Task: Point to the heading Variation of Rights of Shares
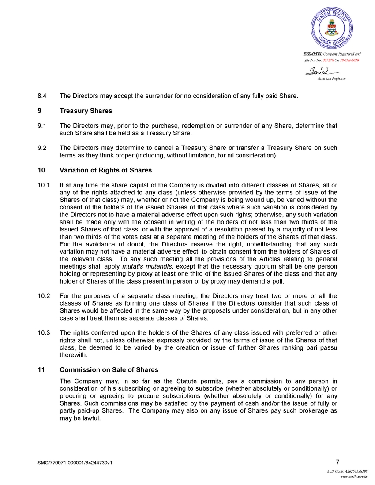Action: [105, 170]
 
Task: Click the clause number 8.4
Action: [43, 95]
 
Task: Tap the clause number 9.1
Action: [43, 126]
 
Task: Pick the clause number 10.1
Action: [44, 186]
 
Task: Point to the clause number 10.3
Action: [44, 332]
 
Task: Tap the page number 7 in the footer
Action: [337, 462]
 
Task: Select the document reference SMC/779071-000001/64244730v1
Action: [75, 463]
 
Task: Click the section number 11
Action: [41, 369]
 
